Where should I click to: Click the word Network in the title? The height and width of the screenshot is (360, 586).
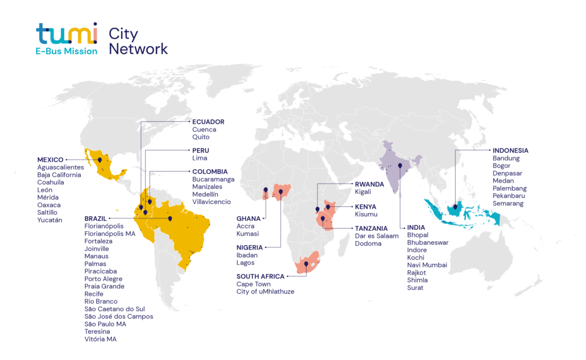[138, 49]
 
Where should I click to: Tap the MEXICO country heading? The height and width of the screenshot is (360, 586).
[50, 160]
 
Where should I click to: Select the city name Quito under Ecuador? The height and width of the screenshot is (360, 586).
[201, 137]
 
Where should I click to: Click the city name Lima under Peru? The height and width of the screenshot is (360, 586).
[200, 158]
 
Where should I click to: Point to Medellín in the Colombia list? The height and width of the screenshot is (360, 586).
[207, 194]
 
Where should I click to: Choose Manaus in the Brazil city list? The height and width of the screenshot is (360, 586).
[97, 256]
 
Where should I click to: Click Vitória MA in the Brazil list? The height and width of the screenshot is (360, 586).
[101, 339]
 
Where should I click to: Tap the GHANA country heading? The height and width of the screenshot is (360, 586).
[249, 218]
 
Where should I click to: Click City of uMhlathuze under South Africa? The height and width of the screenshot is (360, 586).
[266, 292]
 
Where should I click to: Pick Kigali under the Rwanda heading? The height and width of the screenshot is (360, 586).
[363, 192]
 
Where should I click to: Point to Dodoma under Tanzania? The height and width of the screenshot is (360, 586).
[369, 243]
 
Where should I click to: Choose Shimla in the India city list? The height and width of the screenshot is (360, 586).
[417, 280]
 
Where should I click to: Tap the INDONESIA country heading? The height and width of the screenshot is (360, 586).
[510, 151]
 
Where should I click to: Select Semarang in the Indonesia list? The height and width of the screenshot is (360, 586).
[508, 203]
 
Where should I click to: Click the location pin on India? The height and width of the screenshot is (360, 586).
[400, 167]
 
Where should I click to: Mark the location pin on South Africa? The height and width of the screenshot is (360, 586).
[306, 264]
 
